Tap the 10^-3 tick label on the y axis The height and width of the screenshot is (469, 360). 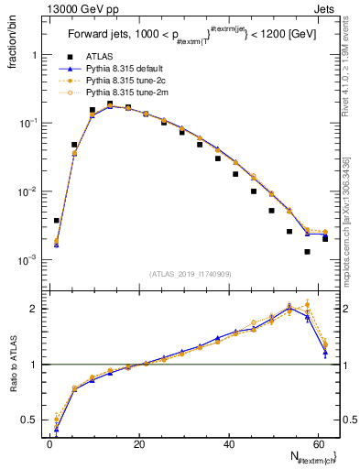(x=27, y=260)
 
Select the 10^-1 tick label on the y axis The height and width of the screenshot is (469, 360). (x=27, y=123)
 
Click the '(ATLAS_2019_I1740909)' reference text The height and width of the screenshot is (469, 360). (x=191, y=274)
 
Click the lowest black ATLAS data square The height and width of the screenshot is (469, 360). (x=307, y=251)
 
